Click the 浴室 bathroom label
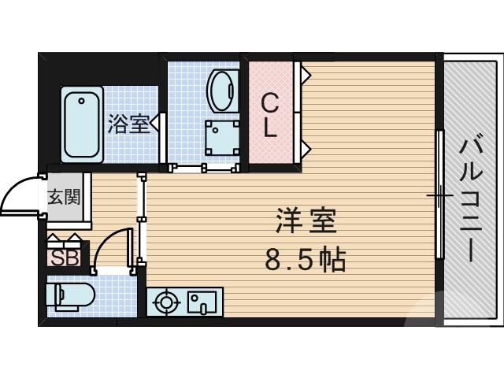[x=128, y=124]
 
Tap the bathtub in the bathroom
[x=82, y=124]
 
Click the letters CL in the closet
[x=270, y=116]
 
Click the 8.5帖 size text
[x=306, y=258]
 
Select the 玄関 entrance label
[x=64, y=196]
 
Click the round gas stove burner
[x=167, y=302]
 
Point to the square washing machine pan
[x=222, y=137]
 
